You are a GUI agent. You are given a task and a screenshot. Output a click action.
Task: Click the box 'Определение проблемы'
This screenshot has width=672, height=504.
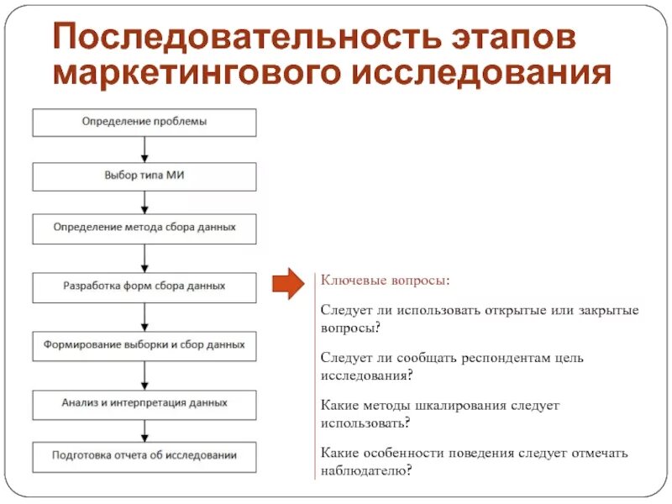[x=144, y=122]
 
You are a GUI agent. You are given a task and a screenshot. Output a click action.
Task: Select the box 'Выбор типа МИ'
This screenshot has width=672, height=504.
[x=144, y=176]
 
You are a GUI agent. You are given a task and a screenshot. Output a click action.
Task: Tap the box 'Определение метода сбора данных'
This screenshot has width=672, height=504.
[x=144, y=228]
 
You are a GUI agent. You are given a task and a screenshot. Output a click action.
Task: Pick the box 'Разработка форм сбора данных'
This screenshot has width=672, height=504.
[x=144, y=286]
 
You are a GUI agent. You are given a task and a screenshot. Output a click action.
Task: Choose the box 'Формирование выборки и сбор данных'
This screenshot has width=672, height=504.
[x=144, y=345]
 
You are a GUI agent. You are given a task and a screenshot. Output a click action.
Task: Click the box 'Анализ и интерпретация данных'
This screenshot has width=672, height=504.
[x=144, y=403]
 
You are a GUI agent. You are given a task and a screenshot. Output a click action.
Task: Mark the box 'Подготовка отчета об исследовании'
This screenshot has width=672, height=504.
[x=144, y=456]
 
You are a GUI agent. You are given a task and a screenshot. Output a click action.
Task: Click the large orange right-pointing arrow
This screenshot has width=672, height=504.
[x=289, y=284]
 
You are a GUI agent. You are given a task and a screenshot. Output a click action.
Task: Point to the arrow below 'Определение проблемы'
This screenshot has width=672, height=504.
[x=144, y=149]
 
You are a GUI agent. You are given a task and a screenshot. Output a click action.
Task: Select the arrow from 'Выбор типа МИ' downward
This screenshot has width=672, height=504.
[x=144, y=202]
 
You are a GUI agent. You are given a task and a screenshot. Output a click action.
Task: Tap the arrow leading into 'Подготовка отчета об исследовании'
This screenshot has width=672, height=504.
[x=144, y=430]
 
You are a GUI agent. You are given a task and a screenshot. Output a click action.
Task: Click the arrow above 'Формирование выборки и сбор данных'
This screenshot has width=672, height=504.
[x=144, y=316]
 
